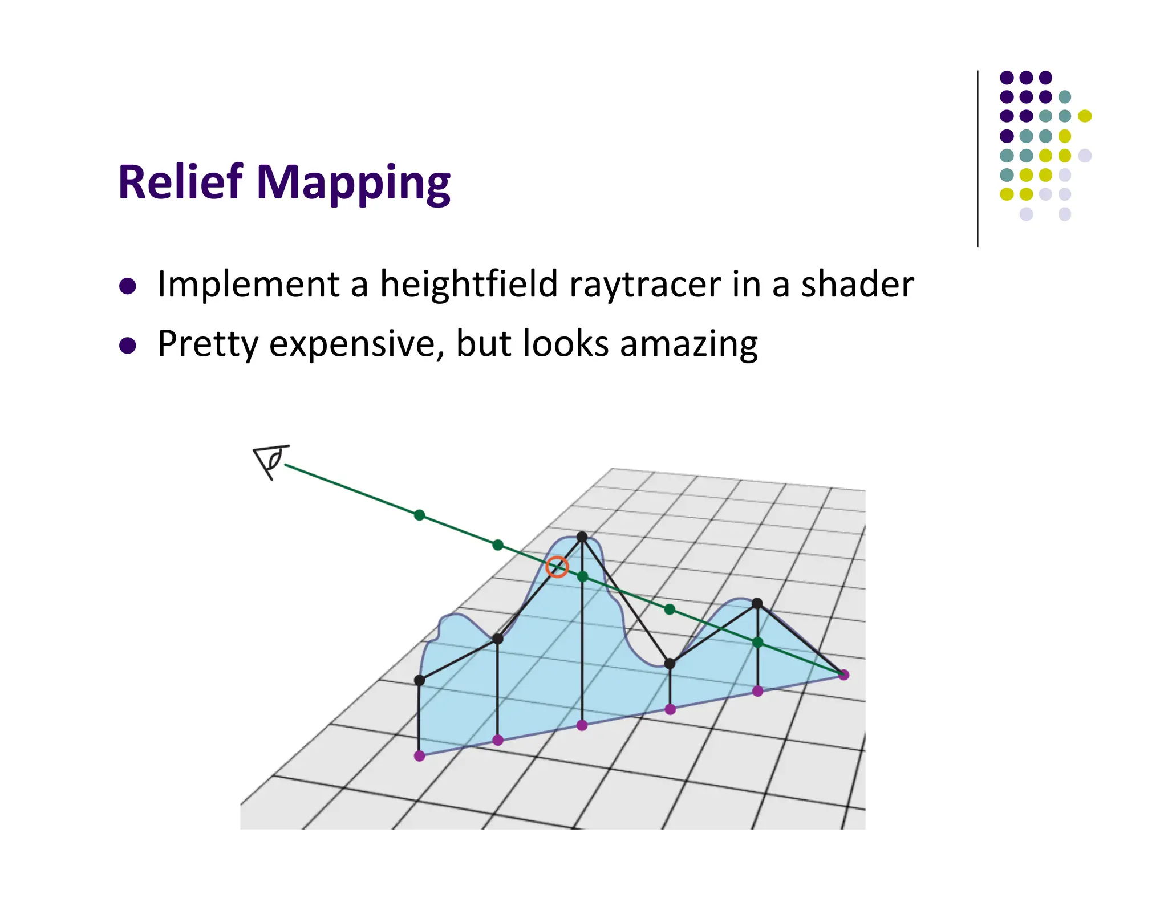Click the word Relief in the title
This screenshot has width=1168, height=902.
click(180, 182)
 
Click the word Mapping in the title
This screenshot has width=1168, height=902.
click(354, 184)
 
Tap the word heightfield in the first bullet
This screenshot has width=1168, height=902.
click(469, 284)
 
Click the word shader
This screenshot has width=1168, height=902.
click(857, 284)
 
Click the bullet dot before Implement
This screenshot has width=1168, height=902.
click(128, 286)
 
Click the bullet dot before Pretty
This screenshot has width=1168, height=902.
click(128, 346)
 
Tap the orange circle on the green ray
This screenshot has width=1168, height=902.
click(557, 567)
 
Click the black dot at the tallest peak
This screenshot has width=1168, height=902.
click(582, 537)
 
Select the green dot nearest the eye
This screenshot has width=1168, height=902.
click(419, 515)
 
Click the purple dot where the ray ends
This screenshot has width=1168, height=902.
click(844, 675)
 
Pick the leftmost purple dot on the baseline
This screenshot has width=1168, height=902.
click(419, 756)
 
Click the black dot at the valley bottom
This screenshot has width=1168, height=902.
click(670, 664)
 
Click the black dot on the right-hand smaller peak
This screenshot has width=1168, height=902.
click(757, 603)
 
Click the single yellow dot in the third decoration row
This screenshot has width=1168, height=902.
click(1085, 116)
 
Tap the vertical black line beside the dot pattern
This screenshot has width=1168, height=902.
click(978, 160)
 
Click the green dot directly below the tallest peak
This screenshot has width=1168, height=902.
click(582, 577)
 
